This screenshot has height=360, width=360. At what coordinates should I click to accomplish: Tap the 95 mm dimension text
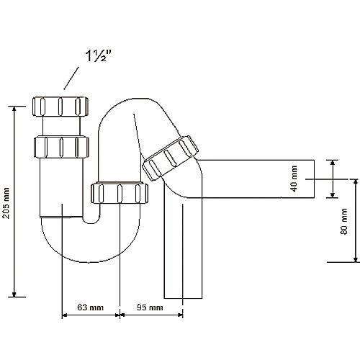(x=149, y=307)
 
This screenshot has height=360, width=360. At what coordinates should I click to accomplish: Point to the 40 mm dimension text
(x=294, y=178)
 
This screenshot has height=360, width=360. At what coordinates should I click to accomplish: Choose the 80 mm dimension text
(x=345, y=221)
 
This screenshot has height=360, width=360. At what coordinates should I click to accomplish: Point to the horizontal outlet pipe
(x=259, y=178)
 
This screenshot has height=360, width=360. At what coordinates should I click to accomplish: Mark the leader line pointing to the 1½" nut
(x=73, y=76)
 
